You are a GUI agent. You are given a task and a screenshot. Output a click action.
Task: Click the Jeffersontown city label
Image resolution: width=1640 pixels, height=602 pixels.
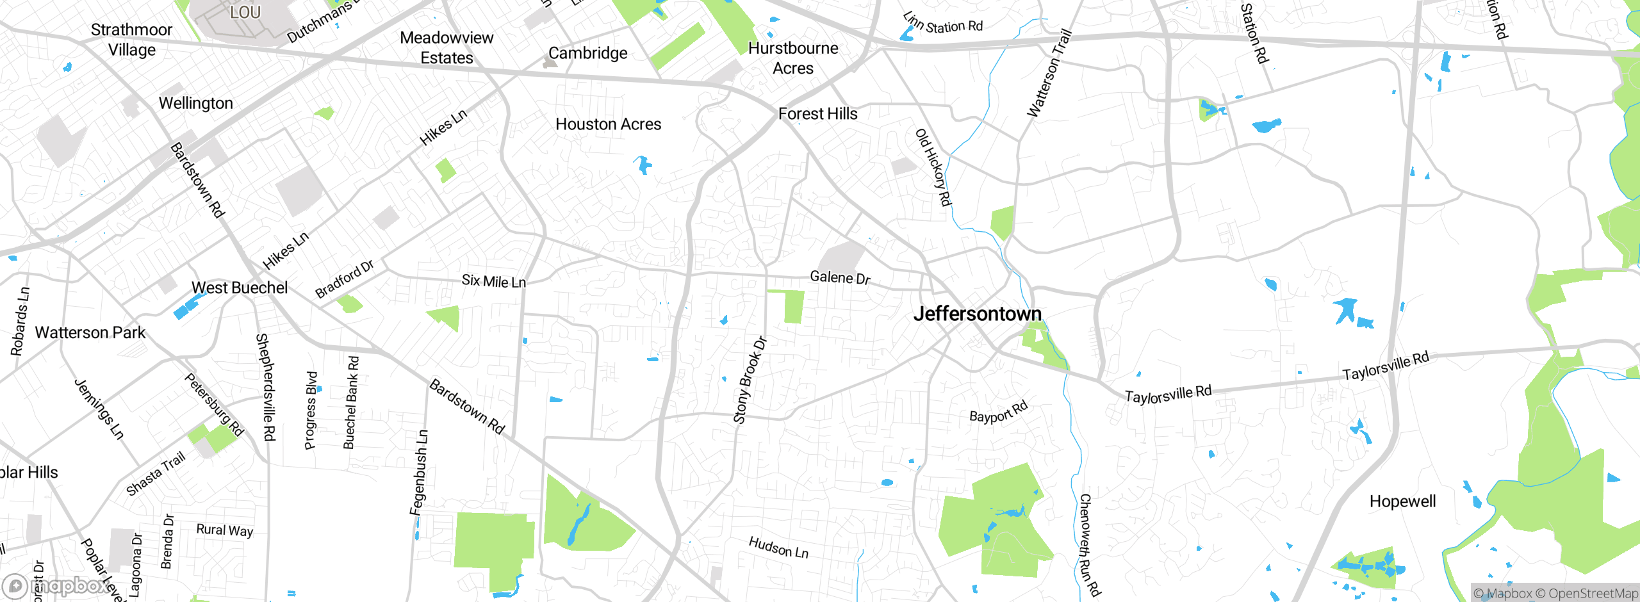tap(977, 314)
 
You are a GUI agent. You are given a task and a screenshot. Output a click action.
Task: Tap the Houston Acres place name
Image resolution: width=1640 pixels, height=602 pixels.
tap(608, 124)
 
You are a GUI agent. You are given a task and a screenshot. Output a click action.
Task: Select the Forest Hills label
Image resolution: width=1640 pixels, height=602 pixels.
tap(817, 114)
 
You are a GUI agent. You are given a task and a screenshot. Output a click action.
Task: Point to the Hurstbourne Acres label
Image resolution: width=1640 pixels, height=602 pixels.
tap(793, 58)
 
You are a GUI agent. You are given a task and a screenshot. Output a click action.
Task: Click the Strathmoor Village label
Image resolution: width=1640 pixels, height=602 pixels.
tap(131, 40)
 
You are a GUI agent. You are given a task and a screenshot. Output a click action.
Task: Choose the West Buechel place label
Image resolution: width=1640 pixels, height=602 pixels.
tap(240, 288)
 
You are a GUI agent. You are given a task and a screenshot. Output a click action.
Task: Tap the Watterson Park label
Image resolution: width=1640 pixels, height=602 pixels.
tap(90, 333)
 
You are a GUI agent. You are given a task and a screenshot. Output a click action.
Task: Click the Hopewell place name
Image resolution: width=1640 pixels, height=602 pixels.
tap(1402, 501)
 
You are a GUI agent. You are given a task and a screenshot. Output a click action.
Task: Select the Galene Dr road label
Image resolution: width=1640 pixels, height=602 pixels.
tap(840, 277)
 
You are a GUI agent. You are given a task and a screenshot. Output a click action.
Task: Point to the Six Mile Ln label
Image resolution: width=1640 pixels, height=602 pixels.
tap(493, 281)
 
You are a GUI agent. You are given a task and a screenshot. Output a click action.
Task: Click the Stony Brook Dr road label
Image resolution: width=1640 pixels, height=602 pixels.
tap(750, 380)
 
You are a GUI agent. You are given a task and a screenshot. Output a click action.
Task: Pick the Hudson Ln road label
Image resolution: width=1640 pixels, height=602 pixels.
tap(778, 548)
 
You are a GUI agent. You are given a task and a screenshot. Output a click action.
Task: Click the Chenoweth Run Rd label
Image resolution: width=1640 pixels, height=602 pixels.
tap(1089, 544)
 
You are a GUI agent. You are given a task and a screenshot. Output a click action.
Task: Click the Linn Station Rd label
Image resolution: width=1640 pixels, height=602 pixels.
tap(943, 24)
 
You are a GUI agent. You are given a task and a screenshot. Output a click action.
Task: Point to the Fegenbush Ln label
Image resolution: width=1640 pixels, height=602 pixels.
tap(419, 473)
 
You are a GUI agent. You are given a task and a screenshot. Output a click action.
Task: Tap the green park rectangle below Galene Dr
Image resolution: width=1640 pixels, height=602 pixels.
tap(794, 307)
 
